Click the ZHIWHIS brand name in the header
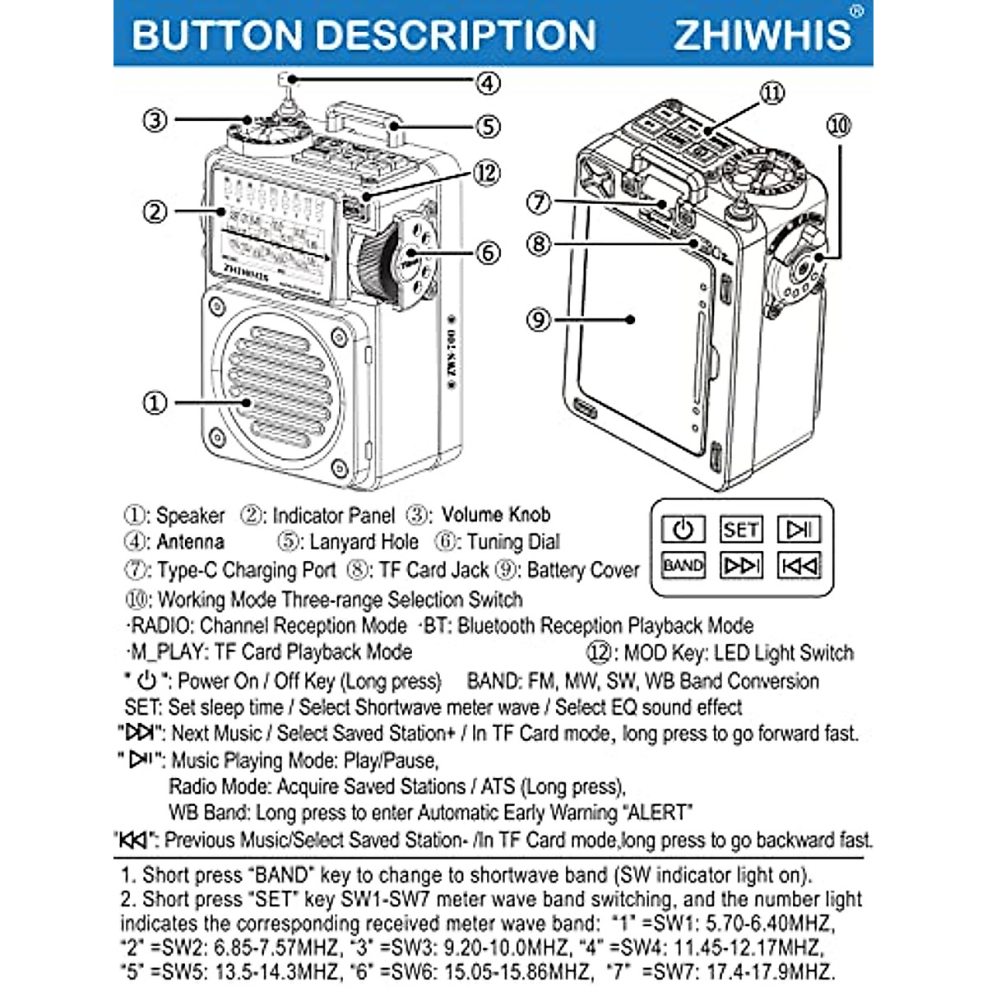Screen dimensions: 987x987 click(x=762, y=35)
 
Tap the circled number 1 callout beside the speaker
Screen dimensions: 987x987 click(x=155, y=403)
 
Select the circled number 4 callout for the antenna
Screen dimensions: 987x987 click(x=488, y=83)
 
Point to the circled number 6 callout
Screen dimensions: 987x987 click(x=488, y=253)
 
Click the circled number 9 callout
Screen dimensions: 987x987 click(x=539, y=319)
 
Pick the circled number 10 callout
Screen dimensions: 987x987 click(x=838, y=126)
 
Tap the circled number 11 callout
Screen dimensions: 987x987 click(x=772, y=93)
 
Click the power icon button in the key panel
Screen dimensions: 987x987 click(x=683, y=530)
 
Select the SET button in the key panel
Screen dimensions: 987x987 click(x=740, y=530)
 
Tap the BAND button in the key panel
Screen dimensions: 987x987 click(x=683, y=566)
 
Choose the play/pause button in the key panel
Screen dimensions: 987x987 click(x=799, y=530)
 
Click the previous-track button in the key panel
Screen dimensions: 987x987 click(x=799, y=566)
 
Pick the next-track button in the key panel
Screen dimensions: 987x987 click(x=740, y=566)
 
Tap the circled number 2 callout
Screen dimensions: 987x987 click(x=155, y=211)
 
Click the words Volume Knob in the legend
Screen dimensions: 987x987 click(x=495, y=515)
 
